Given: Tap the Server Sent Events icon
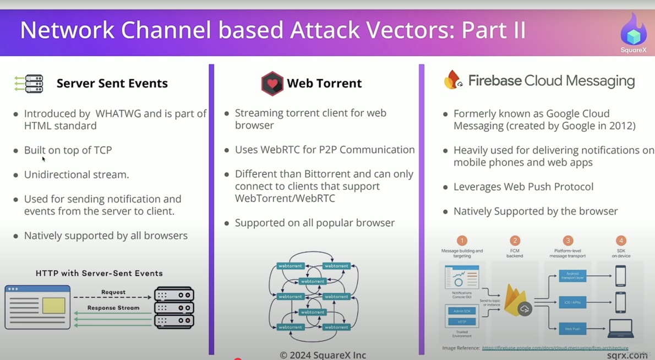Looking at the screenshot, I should tap(29, 84).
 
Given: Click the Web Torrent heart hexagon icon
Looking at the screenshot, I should tap(272, 84).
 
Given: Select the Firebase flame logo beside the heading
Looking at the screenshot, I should tap(453, 80).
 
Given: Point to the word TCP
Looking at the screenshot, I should tap(102, 150).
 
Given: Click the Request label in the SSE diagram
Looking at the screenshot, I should tap(113, 292).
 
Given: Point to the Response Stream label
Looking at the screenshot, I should tap(113, 308).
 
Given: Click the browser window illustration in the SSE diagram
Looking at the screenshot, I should tap(37, 307).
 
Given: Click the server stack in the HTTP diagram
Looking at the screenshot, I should tap(174, 308).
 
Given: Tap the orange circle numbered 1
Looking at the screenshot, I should tap(462, 241).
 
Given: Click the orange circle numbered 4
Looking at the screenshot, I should tap(621, 241).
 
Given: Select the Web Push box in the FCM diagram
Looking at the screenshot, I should tap(572, 329).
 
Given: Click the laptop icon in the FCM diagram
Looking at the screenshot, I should tap(620, 329).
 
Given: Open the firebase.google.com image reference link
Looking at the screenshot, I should tap(555, 348).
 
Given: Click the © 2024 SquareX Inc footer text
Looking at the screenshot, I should tap(323, 355).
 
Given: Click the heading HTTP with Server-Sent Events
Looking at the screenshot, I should tap(99, 274).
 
